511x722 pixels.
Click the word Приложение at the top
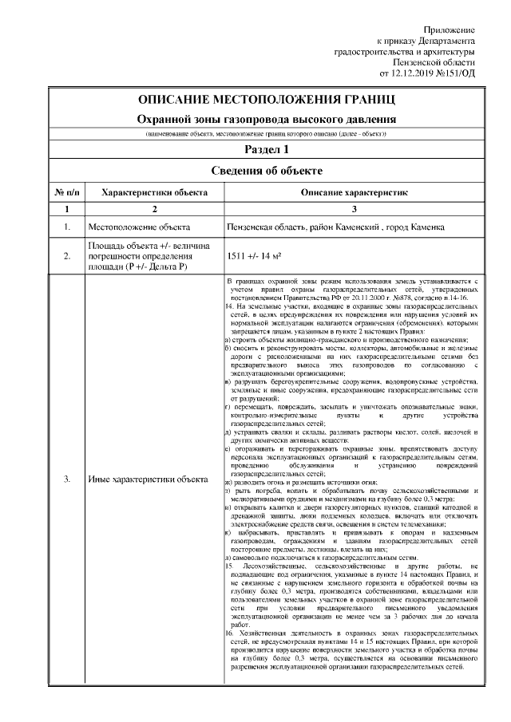click(452, 29)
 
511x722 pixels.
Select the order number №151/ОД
click(457, 73)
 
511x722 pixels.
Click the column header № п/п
click(66, 192)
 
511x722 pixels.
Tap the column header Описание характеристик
click(355, 192)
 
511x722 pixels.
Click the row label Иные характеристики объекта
click(148, 479)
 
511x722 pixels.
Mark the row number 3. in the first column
click(66, 479)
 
